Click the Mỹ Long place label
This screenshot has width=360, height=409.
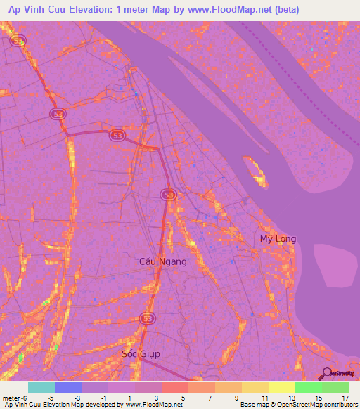278,239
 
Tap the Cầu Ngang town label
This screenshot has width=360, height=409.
163,261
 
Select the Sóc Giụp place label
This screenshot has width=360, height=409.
141,354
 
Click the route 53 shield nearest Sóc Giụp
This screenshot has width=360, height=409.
147,319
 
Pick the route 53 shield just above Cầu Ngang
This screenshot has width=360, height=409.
167,195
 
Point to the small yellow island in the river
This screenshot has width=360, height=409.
255,171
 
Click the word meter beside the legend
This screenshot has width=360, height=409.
13,397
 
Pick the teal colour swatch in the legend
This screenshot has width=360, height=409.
41,387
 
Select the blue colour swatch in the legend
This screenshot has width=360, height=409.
68,387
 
